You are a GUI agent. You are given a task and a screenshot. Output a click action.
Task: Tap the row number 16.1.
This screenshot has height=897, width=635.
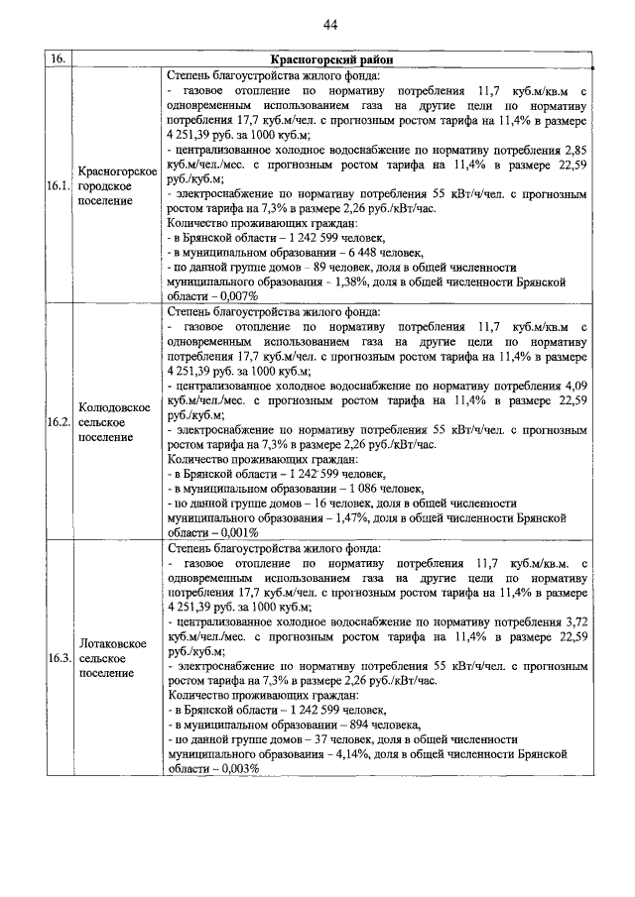pos(58,186)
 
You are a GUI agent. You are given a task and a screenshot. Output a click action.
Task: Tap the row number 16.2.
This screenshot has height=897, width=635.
pos(58,421)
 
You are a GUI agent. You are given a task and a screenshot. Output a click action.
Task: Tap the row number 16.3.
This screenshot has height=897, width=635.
pos(58,657)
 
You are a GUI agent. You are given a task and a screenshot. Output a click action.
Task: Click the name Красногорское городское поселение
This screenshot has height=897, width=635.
pos(118,186)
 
